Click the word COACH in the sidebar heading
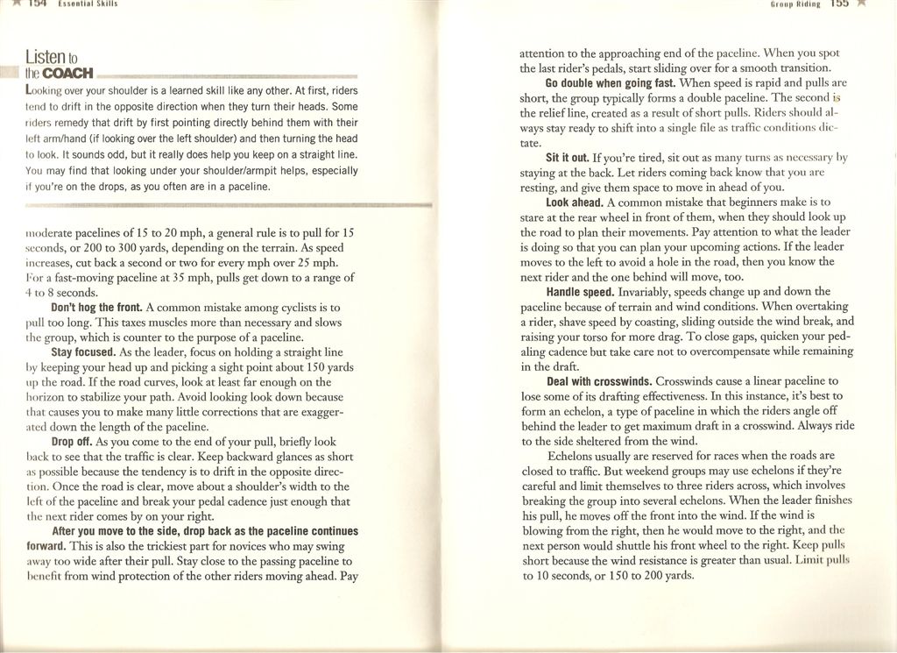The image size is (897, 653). coord(67,73)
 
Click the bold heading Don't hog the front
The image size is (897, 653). coord(97,308)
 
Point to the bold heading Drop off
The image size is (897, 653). coord(72,442)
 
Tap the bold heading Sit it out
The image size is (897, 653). coord(567,158)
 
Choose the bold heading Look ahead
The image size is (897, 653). coord(574,202)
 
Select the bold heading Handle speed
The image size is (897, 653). coord(579,292)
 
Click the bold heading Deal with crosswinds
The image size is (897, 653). coord(599,381)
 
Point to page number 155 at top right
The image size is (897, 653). coord(839,4)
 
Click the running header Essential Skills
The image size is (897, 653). coord(88,4)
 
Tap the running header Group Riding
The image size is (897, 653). coord(795,4)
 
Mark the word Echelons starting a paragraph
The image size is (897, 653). coord(573,456)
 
